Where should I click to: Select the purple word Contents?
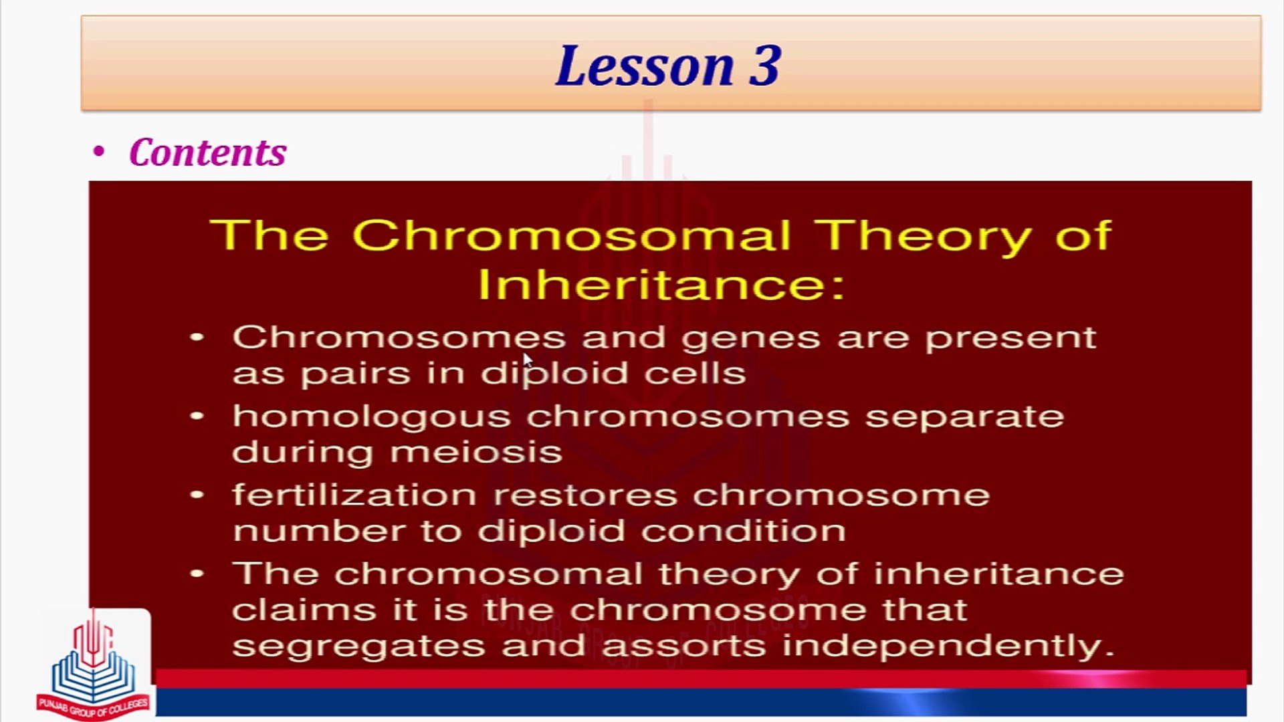coord(208,152)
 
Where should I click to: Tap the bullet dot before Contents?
coord(99,152)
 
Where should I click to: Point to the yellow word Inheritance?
coord(662,284)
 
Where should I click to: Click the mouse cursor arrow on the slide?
coord(528,360)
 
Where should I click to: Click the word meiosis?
coord(476,453)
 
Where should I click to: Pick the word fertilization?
coord(354,495)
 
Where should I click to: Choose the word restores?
coord(585,496)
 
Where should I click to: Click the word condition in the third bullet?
coord(744,531)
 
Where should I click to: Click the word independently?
coord(948,646)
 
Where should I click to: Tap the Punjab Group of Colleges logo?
coord(94,665)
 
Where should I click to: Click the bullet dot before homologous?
coord(197,416)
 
